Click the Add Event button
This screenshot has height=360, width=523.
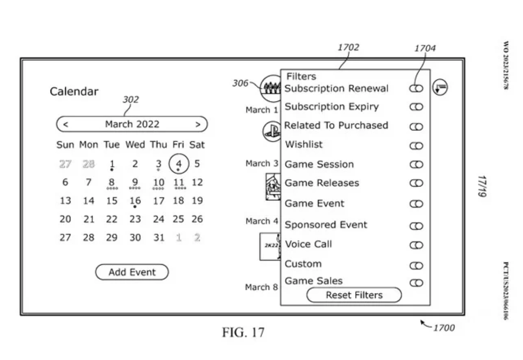click(132, 272)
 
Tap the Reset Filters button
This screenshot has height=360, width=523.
click(354, 295)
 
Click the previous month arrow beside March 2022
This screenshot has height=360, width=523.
click(66, 124)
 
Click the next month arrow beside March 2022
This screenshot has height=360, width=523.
click(198, 124)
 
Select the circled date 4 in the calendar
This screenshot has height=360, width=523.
click(179, 164)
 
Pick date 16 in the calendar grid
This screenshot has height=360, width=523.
click(135, 200)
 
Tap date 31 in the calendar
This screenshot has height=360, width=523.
click(159, 237)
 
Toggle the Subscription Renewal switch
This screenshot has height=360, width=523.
click(416, 88)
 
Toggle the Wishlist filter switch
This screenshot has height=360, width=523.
click(416, 146)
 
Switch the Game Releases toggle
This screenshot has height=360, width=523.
click(416, 183)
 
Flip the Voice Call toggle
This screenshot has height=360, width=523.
click(416, 245)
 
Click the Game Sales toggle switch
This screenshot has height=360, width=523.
click(416, 283)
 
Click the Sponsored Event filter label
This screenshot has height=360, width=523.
click(326, 225)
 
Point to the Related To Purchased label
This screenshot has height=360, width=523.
click(336, 126)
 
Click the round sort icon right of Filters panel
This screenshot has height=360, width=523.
click(440, 87)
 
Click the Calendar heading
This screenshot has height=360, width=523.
click(74, 92)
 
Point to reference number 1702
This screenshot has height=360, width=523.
click(348, 47)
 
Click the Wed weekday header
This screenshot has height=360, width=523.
click(135, 145)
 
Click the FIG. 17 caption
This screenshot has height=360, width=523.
click(243, 332)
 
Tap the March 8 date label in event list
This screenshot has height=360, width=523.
click(261, 287)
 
